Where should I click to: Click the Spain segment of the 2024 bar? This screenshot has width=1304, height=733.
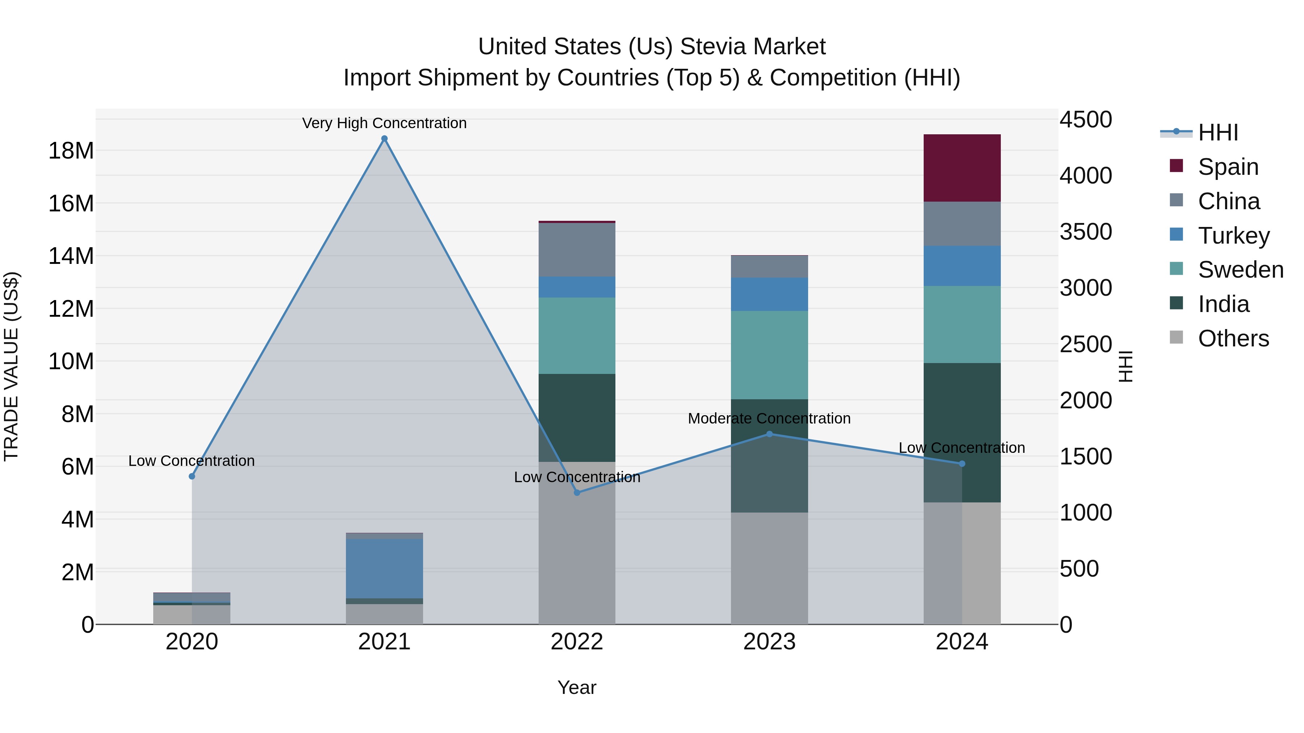(x=962, y=168)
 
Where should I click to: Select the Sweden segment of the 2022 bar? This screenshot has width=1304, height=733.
(x=577, y=336)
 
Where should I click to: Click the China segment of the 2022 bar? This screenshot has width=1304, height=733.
(x=577, y=249)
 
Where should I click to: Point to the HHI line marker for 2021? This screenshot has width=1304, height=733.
(x=384, y=139)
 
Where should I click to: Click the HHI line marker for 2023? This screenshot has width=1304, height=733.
(x=769, y=434)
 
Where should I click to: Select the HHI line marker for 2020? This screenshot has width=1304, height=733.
(x=192, y=476)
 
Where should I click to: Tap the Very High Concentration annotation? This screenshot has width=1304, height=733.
(x=384, y=123)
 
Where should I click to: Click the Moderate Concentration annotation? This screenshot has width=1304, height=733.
(x=769, y=419)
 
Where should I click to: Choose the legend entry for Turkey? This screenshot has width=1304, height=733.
(x=1234, y=236)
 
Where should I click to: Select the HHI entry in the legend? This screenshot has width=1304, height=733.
(x=1218, y=132)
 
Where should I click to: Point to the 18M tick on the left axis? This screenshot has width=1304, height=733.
(x=71, y=151)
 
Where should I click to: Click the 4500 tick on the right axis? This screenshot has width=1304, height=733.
(x=1086, y=120)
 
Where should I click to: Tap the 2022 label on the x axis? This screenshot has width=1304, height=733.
(x=577, y=642)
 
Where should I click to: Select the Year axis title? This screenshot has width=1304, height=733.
(x=577, y=687)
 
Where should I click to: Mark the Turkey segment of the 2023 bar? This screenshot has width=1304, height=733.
(x=769, y=294)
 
